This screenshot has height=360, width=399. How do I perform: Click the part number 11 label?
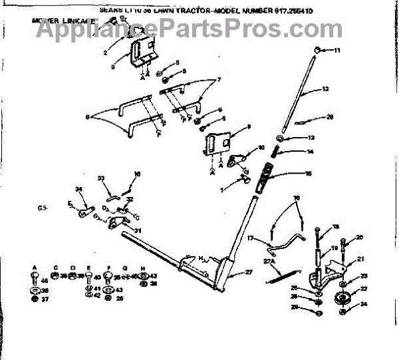(336, 51)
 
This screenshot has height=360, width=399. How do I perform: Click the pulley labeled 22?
(343, 297)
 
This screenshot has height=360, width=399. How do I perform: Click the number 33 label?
(101, 178)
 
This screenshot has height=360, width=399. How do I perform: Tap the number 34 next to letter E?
(78, 190)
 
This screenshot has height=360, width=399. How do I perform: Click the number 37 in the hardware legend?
(45, 299)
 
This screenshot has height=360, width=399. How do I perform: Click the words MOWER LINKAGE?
(61, 21)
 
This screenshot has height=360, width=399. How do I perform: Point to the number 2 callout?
(105, 51)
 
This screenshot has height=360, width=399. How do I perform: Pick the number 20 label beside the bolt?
(360, 237)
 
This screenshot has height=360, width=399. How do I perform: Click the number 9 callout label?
(248, 126)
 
